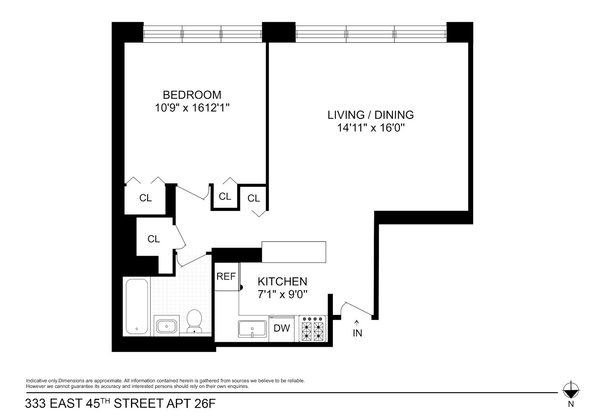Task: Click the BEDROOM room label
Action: (x=192, y=95)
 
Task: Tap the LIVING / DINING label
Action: (x=370, y=115)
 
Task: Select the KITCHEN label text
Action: (x=282, y=281)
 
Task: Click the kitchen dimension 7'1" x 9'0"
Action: (x=282, y=294)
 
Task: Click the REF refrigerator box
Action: (x=226, y=277)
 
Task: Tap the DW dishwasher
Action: (x=282, y=328)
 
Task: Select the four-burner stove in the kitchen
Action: (x=312, y=328)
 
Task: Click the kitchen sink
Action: (x=252, y=328)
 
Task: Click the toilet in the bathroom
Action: (x=194, y=320)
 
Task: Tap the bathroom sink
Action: (x=167, y=326)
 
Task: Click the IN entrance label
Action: (x=357, y=333)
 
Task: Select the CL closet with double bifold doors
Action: (x=145, y=198)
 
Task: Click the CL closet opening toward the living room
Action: (x=254, y=199)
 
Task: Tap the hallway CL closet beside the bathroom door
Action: (x=154, y=239)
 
